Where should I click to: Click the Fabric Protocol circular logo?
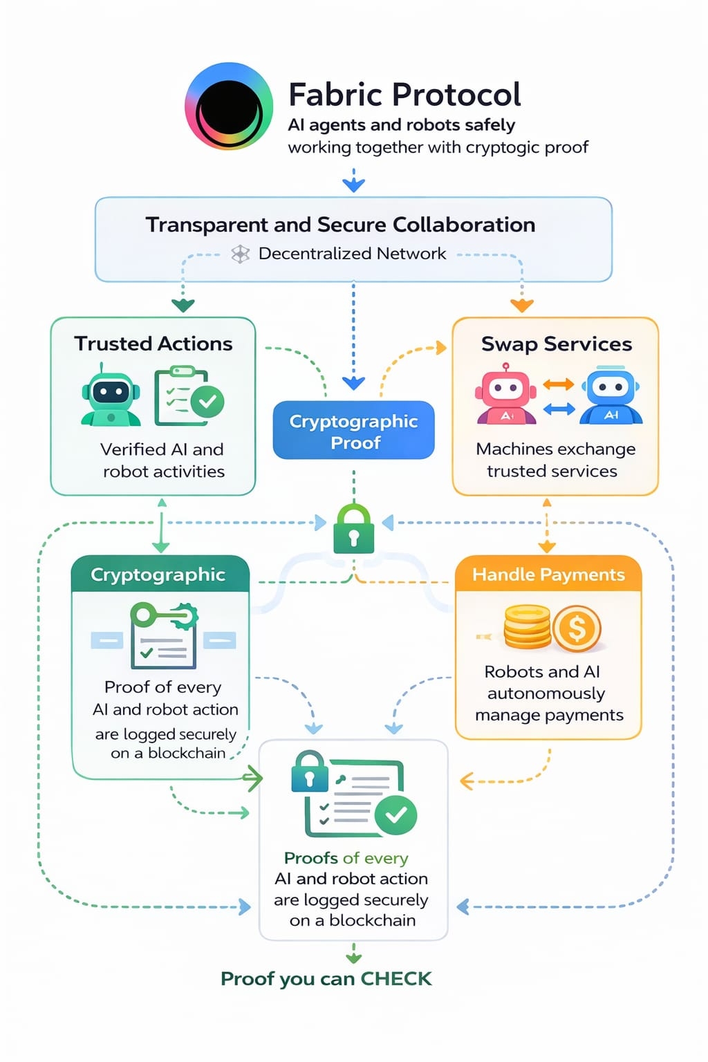[x=229, y=106]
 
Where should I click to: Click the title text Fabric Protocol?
[x=404, y=95]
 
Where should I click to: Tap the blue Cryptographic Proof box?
[x=353, y=431]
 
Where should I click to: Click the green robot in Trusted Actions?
[x=111, y=399]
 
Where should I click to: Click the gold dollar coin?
[x=577, y=628]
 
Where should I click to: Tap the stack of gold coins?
[x=527, y=627]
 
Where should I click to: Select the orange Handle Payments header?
[x=548, y=574]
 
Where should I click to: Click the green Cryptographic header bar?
[x=160, y=574]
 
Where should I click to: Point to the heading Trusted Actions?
[x=153, y=344]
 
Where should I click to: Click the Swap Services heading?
[x=557, y=344]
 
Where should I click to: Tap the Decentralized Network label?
[x=352, y=254]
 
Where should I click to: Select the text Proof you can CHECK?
[x=326, y=978]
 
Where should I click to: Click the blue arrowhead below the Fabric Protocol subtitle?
[x=353, y=184]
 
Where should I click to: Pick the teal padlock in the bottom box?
[x=310, y=772]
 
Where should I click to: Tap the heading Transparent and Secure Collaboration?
[x=340, y=225]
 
